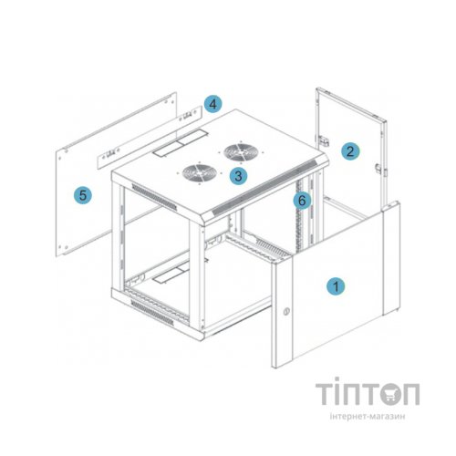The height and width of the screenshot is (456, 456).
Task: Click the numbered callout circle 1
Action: point(336,286)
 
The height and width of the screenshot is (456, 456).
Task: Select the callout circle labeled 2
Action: point(350,151)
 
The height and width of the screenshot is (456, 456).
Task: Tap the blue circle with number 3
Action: point(238,176)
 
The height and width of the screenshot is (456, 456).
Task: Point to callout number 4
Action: point(213,104)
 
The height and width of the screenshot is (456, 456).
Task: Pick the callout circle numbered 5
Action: point(83,195)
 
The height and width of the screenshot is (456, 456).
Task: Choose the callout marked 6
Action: point(302,201)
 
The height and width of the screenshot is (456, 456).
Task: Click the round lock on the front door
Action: point(286,311)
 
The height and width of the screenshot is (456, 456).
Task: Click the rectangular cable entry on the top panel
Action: point(181,142)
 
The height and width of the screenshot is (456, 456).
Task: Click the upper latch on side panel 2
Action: point(324,140)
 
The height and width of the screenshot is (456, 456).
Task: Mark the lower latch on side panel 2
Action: point(379,169)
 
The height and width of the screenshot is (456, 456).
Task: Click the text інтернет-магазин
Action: point(368,416)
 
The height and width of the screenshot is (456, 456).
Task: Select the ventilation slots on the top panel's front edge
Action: point(264,188)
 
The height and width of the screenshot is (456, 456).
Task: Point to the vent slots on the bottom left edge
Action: point(152,313)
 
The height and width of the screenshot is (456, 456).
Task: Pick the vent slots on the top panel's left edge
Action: point(154,197)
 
